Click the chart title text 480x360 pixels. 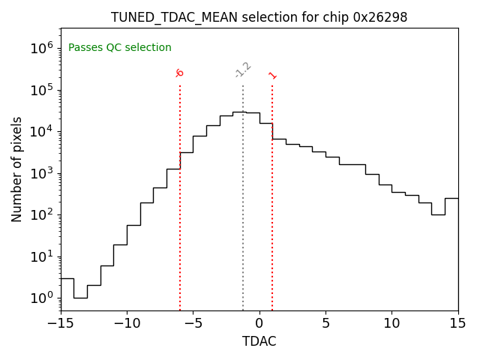(x=259, y=17)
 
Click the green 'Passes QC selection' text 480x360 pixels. (x=120, y=48)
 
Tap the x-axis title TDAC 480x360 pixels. (x=259, y=341)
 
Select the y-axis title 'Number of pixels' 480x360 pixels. (x=17, y=169)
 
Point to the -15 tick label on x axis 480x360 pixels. (x=60, y=323)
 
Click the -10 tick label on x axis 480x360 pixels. (x=127, y=323)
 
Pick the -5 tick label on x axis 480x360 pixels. (x=193, y=323)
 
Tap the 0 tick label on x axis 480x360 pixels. (x=259, y=323)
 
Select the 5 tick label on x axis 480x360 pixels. (x=325, y=323)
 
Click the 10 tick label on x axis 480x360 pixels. (x=392, y=323)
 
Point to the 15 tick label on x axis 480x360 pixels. (x=458, y=323)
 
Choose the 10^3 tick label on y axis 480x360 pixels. (x=42, y=173)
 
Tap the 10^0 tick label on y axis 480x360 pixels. (x=42, y=298)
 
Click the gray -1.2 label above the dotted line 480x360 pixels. (x=242, y=70)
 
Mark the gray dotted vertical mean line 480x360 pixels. (x=243, y=195)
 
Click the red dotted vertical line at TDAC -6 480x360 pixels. (x=180, y=195)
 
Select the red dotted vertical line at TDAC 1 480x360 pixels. (x=272, y=195)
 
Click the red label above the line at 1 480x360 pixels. (x=272, y=75)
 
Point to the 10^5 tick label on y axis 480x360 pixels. (x=42, y=90)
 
